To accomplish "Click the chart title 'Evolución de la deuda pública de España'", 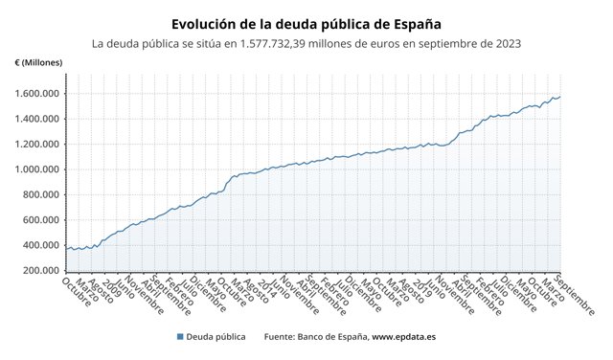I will [306, 23].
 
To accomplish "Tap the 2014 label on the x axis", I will [265, 287].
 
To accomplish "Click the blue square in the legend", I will [180, 337].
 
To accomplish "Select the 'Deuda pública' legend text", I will [216, 337].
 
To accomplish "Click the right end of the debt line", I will [560, 96].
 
